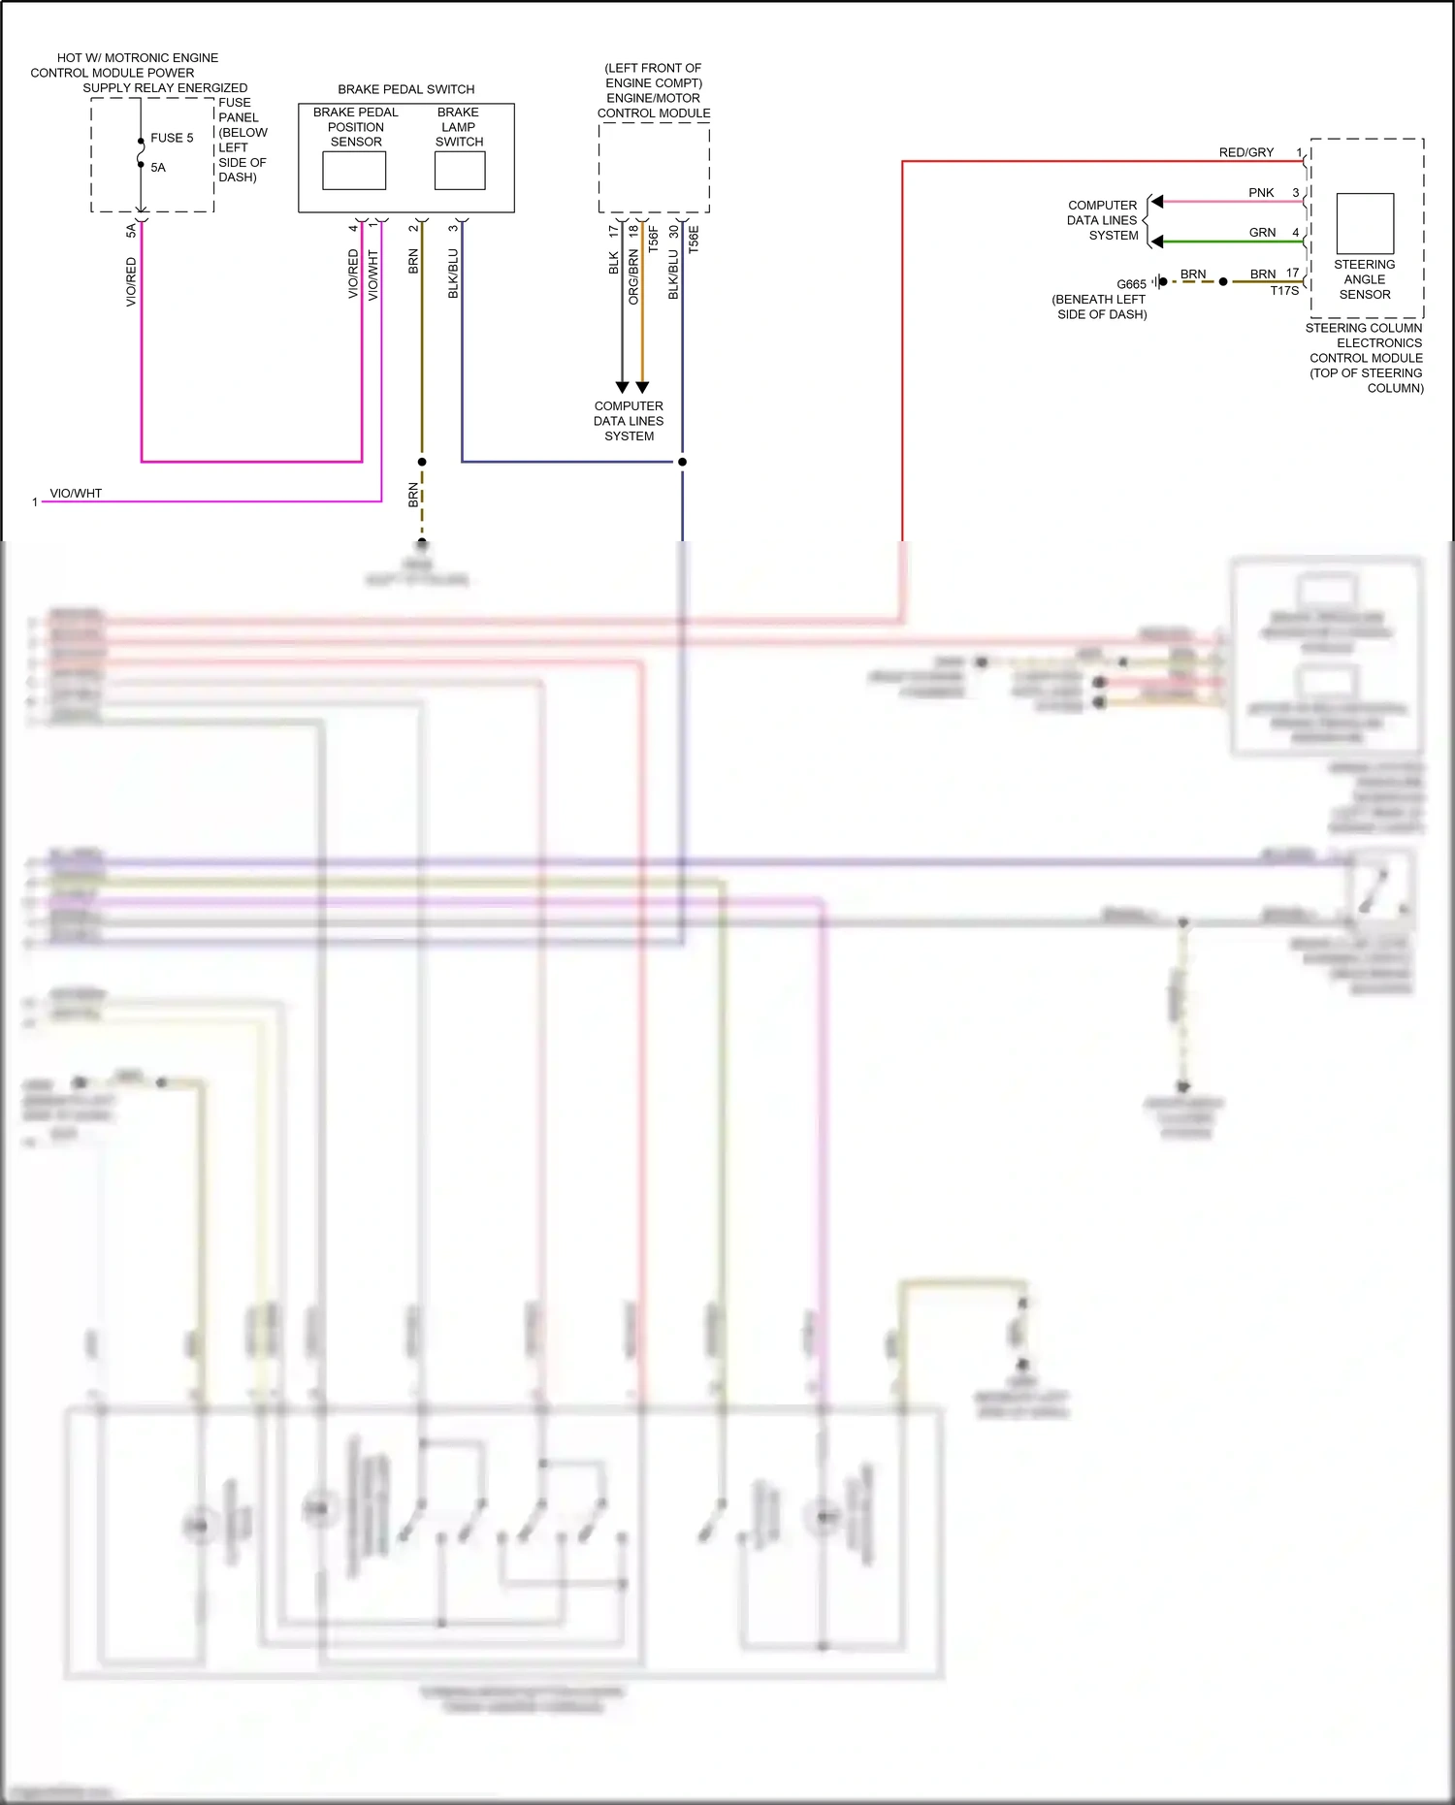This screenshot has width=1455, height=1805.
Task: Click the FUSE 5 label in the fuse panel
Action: [x=172, y=138]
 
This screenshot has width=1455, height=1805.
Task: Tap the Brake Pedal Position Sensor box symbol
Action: [x=354, y=171]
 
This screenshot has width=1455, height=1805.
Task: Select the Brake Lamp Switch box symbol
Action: [x=460, y=171]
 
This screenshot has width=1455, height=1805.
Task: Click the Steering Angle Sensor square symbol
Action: [x=1365, y=223]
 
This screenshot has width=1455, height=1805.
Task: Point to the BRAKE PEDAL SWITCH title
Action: [x=405, y=89]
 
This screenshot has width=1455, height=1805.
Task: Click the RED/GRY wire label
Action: [x=1245, y=152]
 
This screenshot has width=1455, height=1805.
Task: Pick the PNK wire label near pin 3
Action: [x=1261, y=193]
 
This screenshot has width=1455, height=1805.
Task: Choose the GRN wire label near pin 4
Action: [x=1262, y=233]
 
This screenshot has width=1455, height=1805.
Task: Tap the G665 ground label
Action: [x=1131, y=284]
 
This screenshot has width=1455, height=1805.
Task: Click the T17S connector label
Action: [x=1284, y=290]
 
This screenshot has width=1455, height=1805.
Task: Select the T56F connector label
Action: [x=654, y=239]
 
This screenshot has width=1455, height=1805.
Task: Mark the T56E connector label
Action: [x=694, y=240]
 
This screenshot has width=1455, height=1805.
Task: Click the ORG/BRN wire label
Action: [x=633, y=277]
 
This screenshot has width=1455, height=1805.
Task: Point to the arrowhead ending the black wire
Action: [x=622, y=387]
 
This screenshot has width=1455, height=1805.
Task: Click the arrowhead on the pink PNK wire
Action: [x=1156, y=202]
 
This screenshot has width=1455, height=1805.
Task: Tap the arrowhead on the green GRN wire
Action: [x=1156, y=242]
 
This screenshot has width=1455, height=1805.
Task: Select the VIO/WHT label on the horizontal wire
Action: [x=76, y=494]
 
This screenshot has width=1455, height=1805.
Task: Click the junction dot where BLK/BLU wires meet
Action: [x=682, y=462]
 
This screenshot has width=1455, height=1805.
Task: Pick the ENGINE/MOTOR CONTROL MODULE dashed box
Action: [x=654, y=168]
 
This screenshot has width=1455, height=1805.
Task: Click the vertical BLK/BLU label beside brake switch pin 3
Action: [x=453, y=274]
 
